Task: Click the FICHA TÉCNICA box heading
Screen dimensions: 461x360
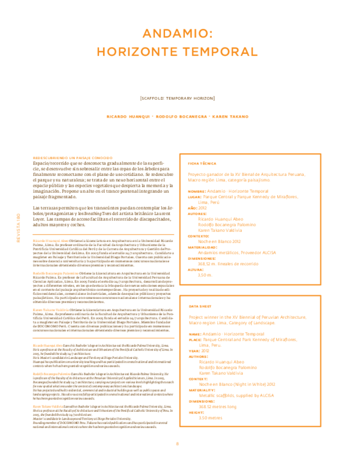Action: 202,163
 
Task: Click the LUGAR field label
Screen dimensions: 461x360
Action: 195,196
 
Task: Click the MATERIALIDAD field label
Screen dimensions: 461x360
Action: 202,246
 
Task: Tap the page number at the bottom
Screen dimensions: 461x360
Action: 178,444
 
